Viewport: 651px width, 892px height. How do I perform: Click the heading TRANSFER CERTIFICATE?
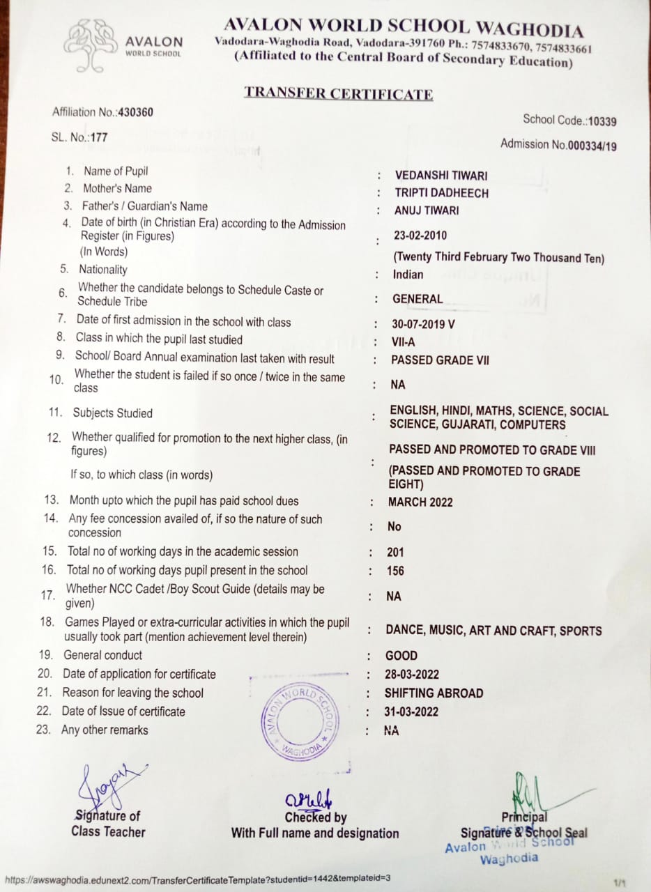[338, 94]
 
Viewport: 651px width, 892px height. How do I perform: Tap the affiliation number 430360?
[131, 112]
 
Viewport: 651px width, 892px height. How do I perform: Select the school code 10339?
[602, 121]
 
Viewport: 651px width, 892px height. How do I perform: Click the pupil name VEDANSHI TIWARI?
[441, 176]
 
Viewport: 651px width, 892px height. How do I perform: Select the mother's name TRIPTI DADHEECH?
[442, 193]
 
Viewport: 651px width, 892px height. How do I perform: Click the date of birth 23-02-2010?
[420, 236]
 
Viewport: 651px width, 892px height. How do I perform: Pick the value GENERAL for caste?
[418, 299]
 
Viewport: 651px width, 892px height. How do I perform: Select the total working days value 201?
[395, 552]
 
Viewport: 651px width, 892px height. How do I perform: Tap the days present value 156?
[395, 571]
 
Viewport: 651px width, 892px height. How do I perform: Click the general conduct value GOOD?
[401, 656]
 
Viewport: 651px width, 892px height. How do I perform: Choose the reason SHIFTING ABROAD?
[434, 693]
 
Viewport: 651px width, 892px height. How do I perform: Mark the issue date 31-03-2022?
[411, 712]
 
